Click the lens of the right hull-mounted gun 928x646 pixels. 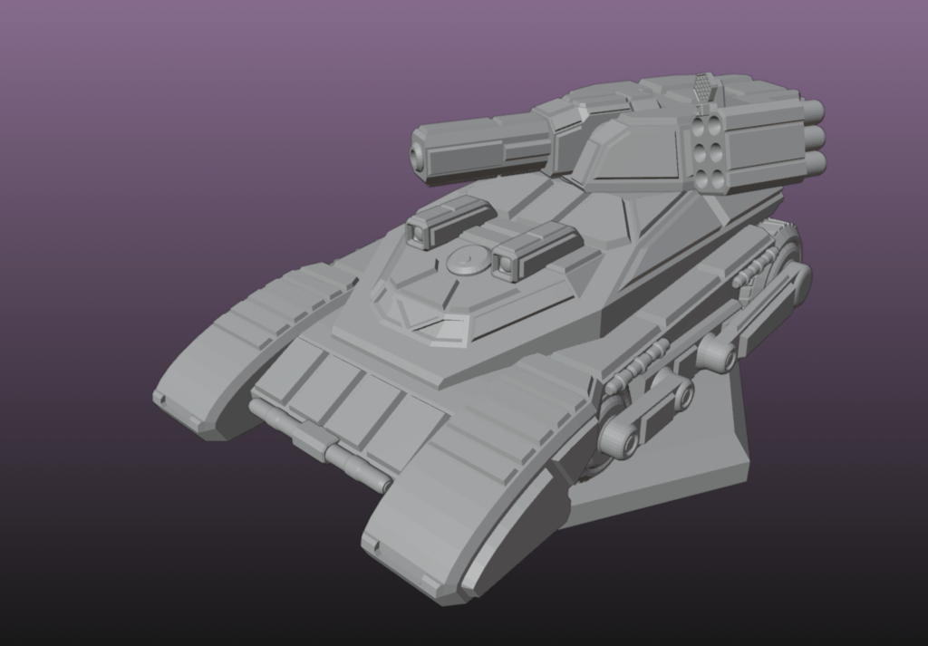pyautogui.click(x=504, y=264)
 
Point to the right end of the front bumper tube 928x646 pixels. pyautogui.click(x=386, y=486)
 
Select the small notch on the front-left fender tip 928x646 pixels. pyautogui.click(x=159, y=398)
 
